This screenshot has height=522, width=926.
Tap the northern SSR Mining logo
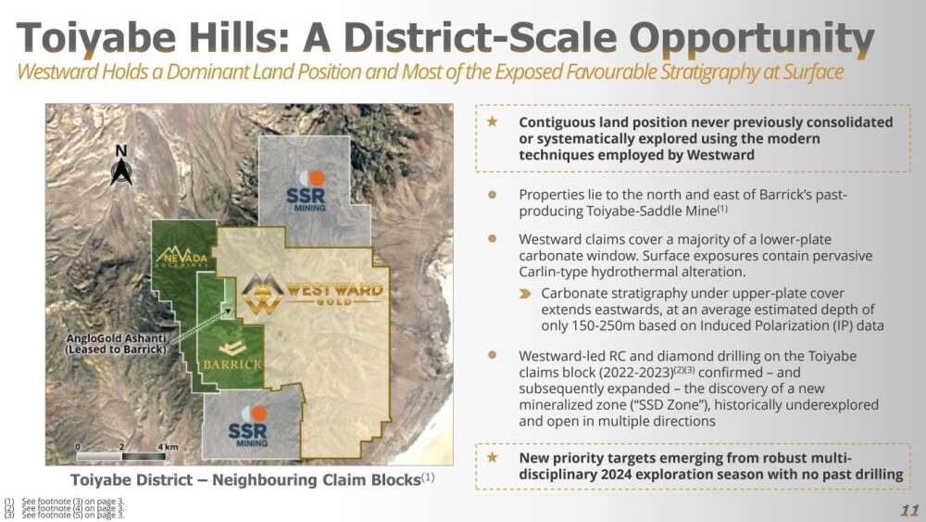307,191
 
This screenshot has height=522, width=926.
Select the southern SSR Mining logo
248,426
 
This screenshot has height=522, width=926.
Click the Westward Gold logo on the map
312,293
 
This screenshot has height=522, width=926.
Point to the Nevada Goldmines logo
181,255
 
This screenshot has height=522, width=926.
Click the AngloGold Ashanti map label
116,344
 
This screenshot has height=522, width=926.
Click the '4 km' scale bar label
168,447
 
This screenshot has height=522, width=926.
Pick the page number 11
909,510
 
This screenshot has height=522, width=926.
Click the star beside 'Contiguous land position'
492,121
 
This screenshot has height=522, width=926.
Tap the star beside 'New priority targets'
492,457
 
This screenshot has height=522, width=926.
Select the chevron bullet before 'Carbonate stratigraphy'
525,294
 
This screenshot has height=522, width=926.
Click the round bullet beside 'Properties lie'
492,195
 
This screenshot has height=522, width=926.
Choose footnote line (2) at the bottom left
64,508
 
